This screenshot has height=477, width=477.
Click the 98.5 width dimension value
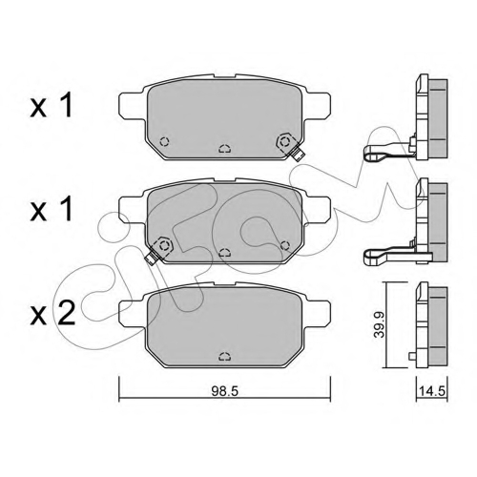click(225, 391)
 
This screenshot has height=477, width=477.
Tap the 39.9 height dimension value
click(379, 324)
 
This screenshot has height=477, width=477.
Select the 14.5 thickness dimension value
click(432, 391)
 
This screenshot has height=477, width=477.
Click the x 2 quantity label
click(52, 313)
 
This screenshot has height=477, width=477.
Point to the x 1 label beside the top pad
click(52, 107)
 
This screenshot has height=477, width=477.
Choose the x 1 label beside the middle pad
click(52, 209)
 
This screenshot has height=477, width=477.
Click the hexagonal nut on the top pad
click(284, 141)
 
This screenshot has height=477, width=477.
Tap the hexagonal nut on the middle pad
click(164, 245)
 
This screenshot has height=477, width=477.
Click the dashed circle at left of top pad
click(164, 141)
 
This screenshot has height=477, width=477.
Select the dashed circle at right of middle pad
click(285, 245)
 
